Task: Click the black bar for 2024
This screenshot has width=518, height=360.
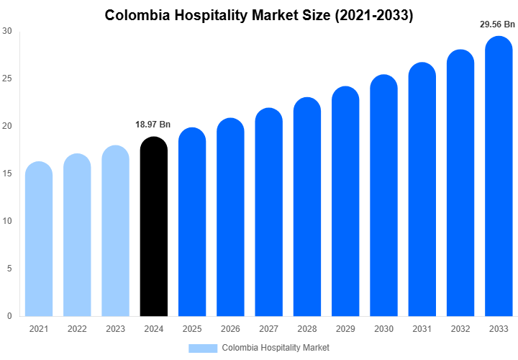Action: tap(153, 227)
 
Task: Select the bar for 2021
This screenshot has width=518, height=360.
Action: tap(39, 239)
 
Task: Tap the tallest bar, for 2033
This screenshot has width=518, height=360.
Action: tap(499, 176)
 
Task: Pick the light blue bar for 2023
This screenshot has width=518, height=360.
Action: tap(115, 231)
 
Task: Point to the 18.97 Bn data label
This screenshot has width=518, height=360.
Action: tap(153, 125)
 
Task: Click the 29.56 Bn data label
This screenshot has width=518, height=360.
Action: tap(498, 24)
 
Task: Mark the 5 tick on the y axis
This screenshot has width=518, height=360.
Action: tap(9, 269)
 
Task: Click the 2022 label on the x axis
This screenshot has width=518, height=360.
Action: tap(77, 329)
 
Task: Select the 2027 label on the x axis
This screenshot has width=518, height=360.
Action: tap(268, 329)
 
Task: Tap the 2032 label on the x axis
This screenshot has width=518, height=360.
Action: tap(460, 329)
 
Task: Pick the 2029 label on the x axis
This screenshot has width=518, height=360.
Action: tap(345, 329)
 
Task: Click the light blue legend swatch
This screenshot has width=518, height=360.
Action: tap(203, 348)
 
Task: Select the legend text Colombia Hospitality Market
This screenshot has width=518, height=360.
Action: tap(276, 348)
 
